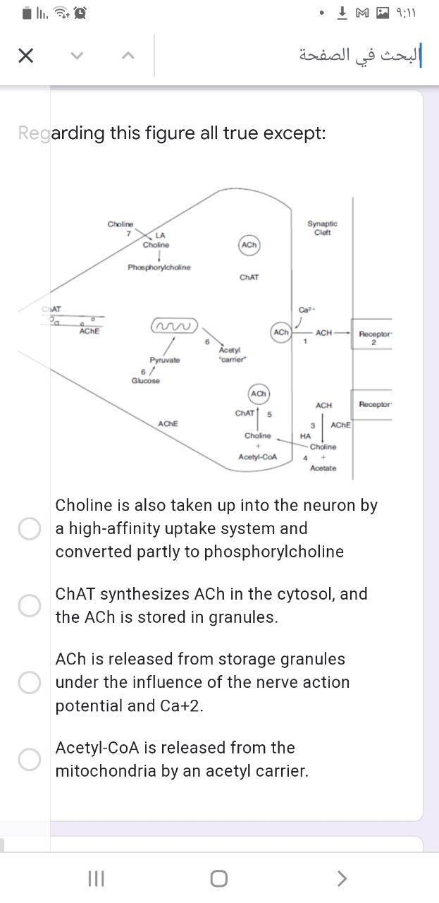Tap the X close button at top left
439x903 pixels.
click(25, 56)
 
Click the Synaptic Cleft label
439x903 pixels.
click(322, 228)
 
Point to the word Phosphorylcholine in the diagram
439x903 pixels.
click(159, 268)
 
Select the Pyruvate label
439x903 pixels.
click(164, 360)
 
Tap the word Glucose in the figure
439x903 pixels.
click(146, 381)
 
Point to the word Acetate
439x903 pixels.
click(323, 468)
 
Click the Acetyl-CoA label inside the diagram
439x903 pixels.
click(258, 457)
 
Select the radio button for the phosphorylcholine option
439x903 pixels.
click(29, 528)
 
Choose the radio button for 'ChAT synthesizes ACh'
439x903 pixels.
click(29, 605)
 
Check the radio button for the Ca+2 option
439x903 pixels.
click(29, 682)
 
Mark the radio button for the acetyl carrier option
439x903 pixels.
click(29, 759)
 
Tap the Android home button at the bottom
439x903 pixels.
click(218, 878)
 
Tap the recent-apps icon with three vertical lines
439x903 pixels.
click(96, 878)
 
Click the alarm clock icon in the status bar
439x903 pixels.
click(81, 12)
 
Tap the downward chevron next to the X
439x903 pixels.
click(78, 56)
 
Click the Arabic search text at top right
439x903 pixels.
click(359, 56)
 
